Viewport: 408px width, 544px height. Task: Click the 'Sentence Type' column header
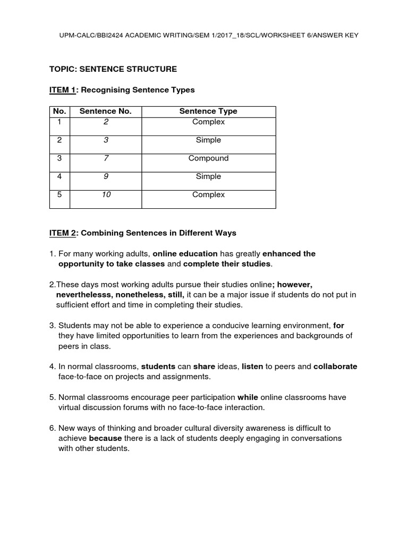pos(208,111)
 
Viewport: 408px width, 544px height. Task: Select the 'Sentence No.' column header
pos(105,111)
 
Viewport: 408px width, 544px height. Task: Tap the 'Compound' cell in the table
pos(208,158)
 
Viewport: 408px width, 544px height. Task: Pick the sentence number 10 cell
pos(106,194)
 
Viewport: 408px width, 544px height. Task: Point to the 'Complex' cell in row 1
pos(208,122)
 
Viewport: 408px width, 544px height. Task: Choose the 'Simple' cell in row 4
pos(208,176)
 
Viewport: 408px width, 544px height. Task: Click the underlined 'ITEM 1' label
pos(63,90)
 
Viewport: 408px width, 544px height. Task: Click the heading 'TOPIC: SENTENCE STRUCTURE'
pos(113,69)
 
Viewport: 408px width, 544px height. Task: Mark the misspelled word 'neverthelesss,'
pos(84,294)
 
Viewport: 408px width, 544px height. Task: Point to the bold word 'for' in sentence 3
pos(339,325)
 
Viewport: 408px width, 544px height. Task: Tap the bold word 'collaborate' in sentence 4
pos(335,367)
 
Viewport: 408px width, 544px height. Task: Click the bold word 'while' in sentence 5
pos(248,397)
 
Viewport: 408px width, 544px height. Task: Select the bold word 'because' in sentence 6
pos(105,438)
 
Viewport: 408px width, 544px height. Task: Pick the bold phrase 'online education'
pos(185,253)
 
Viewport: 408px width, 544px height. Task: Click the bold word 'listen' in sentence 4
pos(252,367)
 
